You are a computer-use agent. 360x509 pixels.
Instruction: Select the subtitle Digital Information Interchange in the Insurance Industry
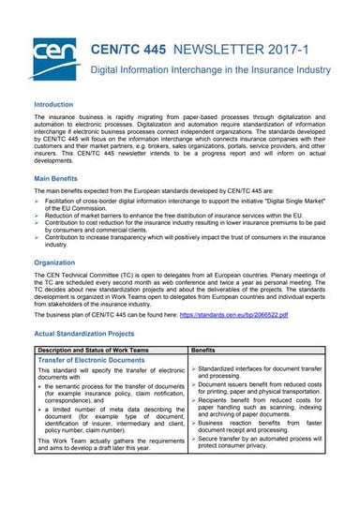click(x=210, y=70)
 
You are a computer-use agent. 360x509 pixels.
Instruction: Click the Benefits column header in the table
click(x=207, y=349)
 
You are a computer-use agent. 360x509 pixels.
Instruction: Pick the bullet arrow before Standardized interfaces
click(x=193, y=370)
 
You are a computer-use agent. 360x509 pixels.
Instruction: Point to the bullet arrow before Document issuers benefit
click(x=193, y=384)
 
